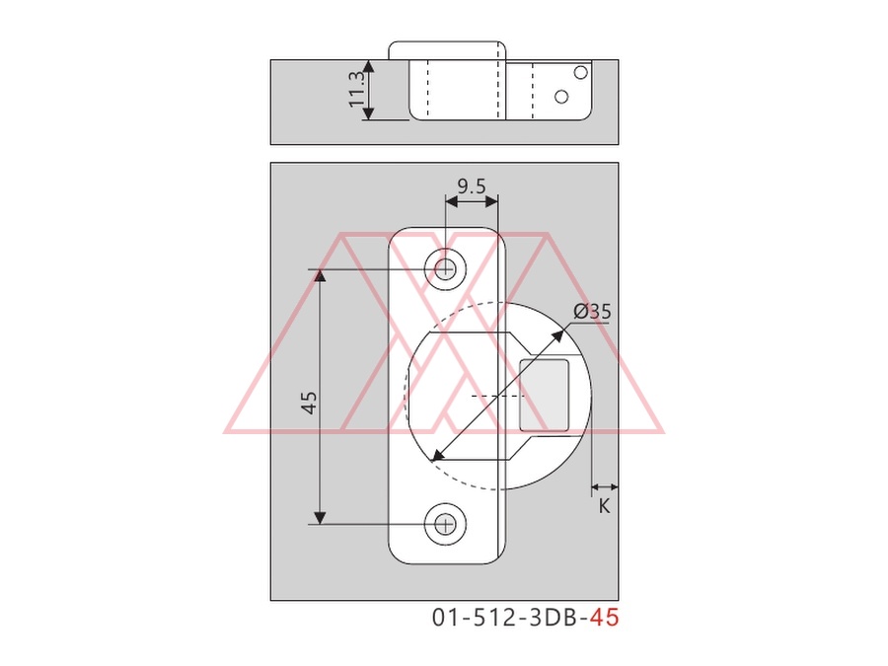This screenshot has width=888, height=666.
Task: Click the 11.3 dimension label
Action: (x=356, y=89)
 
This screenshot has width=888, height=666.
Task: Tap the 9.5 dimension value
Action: (x=472, y=185)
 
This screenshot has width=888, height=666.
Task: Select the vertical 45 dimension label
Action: (x=310, y=403)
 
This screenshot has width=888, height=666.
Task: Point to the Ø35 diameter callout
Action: (x=592, y=311)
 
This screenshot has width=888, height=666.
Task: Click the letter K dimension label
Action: (x=604, y=506)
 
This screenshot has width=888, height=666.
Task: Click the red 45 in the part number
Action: (x=604, y=618)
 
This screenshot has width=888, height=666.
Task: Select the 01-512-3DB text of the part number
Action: (x=507, y=618)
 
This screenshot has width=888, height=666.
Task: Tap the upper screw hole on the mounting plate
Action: (x=446, y=269)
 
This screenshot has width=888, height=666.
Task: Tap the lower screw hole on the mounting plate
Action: (x=446, y=525)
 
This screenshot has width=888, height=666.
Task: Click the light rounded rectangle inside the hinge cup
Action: (x=545, y=395)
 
